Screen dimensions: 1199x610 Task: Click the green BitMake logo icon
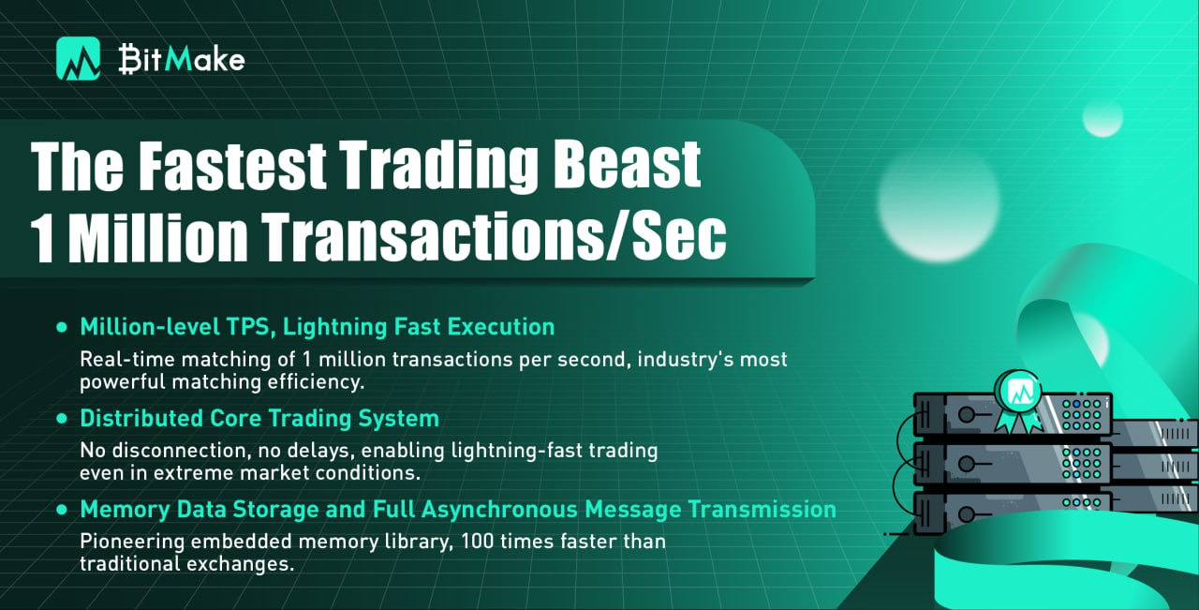point(78,59)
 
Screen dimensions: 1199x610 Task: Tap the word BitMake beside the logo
point(182,59)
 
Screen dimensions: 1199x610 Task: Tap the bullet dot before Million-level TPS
point(62,327)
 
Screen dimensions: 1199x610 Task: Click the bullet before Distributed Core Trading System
point(62,418)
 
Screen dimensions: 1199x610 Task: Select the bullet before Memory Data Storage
point(62,510)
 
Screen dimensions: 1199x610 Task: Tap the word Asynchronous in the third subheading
point(499,510)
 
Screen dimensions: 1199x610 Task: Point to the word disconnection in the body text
point(182,451)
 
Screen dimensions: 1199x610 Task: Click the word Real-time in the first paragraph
point(128,359)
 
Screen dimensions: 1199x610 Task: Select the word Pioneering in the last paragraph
point(132,542)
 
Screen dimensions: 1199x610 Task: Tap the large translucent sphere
point(938,204)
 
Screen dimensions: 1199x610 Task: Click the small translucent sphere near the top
point(1103,117)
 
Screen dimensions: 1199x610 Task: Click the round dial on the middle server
point(966,464)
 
